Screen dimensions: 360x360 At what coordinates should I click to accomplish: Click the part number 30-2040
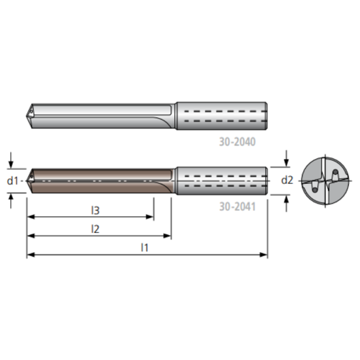pos(238,140)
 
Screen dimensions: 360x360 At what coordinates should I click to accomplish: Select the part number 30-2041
pos(238,206)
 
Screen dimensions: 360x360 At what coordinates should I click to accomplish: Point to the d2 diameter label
pos(287,180)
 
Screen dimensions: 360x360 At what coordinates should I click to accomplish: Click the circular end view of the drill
pos(323,180)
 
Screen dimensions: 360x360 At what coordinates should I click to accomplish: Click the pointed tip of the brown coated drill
pos(27,180)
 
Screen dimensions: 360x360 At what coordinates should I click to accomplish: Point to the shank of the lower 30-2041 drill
pos(221,180)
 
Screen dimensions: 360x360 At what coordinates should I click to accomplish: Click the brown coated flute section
pos(98,180)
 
